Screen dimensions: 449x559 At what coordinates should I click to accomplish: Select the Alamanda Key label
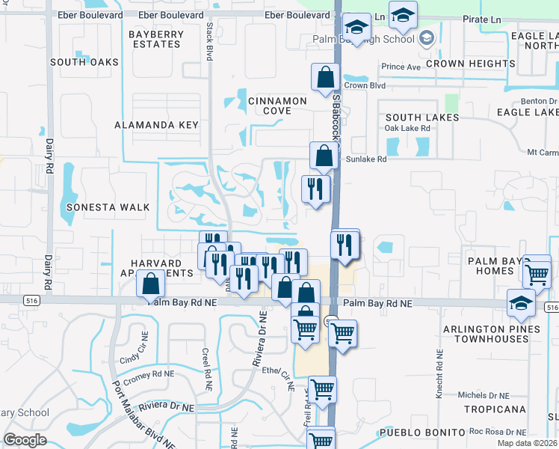coord(157,125)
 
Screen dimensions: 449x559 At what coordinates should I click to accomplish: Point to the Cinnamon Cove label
coord(277,106)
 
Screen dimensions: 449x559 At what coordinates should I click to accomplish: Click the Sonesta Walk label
coord(108,207)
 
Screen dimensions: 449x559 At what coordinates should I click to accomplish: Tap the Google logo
coord(25,439)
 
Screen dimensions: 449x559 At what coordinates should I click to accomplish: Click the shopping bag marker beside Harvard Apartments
coord(151,284)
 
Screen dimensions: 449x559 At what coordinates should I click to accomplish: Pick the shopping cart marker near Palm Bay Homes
coord(537,273)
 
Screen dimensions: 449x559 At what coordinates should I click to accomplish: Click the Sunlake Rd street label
coord(365,159)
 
